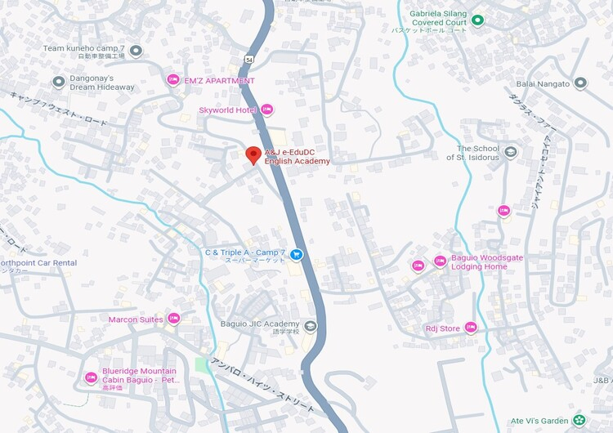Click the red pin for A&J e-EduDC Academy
tap(253, 154)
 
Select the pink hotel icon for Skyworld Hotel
tap(266, 109)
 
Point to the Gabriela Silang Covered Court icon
tap(478, 20)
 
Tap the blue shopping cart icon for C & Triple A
tap(297, 254)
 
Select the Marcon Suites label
tap(136, 319)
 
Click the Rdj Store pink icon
tap(470, 328)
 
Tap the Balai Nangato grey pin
tap(580, 83)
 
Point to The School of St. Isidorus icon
tap(511, 152)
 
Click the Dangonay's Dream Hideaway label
tap(102, 82)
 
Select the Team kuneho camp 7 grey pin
tap(136, 51)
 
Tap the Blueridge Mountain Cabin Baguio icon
tap(91, 377)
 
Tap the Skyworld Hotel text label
tap(228, 109)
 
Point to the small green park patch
tap(202, 364)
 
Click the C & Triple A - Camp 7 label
tap(245, 252)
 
